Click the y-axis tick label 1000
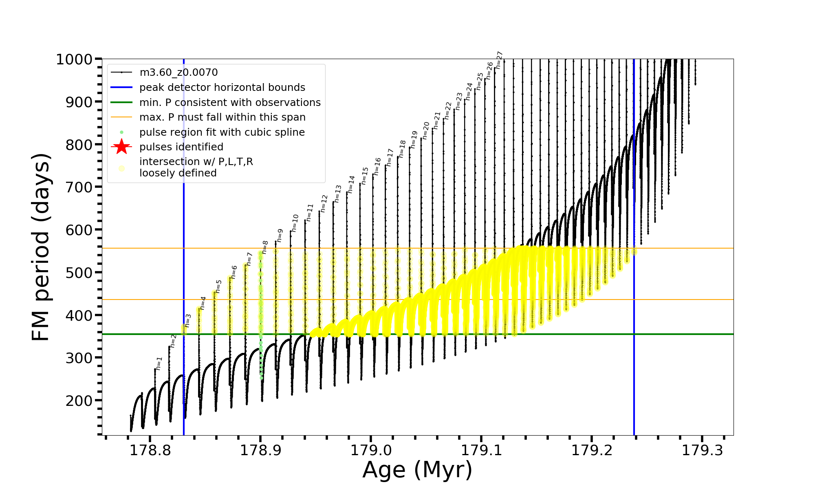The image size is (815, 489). tap(74, 59)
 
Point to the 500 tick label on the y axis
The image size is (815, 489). tap(79, 273)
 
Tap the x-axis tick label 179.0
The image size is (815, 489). tap(371, 450)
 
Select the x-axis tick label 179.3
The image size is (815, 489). tap(702, 450)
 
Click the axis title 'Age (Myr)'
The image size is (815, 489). tap(417, 470)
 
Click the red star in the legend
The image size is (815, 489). tap(121, 147)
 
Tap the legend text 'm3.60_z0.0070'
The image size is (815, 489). tap(178, 73)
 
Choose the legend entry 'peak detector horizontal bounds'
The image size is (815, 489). tap(222, 88)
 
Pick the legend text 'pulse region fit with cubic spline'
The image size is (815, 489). tap(222, 132)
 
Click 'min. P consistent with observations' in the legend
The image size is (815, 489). tap(230, 102)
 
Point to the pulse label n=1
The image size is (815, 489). tap(159, 363)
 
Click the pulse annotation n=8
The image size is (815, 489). tap(265, 247)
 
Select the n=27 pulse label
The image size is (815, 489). tap(500, 60)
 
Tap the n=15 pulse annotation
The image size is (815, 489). tap(365, 176)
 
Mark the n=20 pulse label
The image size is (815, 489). tap(426, 130)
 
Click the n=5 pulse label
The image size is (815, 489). tap(218, 286)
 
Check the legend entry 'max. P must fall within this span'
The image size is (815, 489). tap(222, 117)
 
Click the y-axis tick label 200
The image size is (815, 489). tap(79, 401)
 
